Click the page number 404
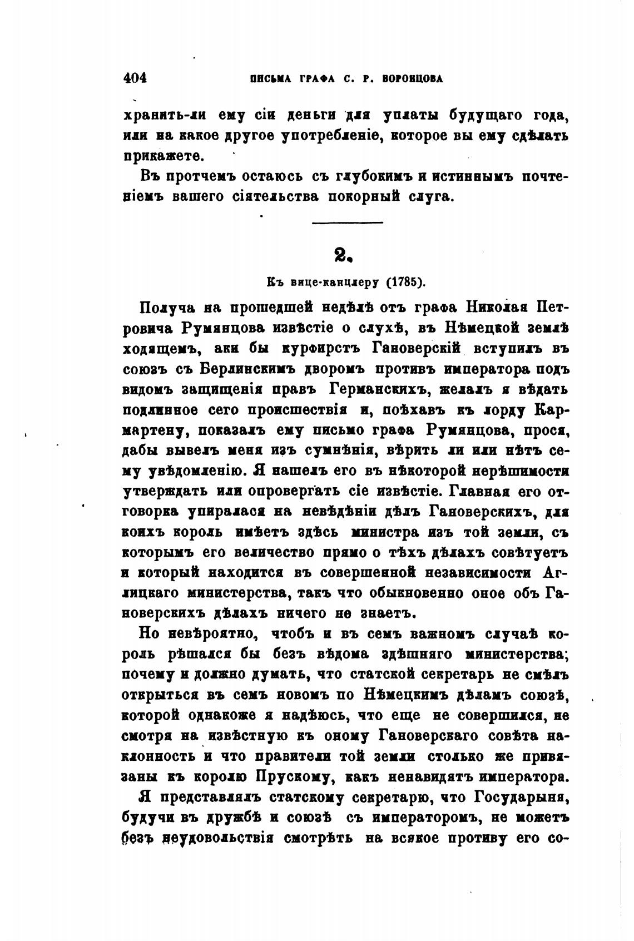[135, 78]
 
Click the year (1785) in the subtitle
[405, 281]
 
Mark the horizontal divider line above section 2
[348, 223]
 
